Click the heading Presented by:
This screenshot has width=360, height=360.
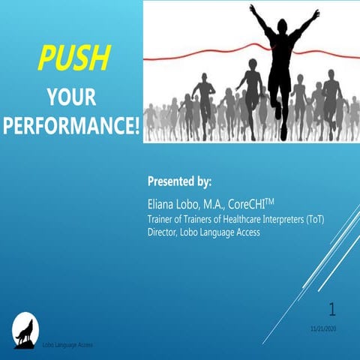coord(180,182)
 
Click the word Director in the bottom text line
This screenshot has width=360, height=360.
coord(163,232)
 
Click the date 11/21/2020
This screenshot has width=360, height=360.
coord(323,328)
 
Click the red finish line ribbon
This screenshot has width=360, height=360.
coord(187,58)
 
